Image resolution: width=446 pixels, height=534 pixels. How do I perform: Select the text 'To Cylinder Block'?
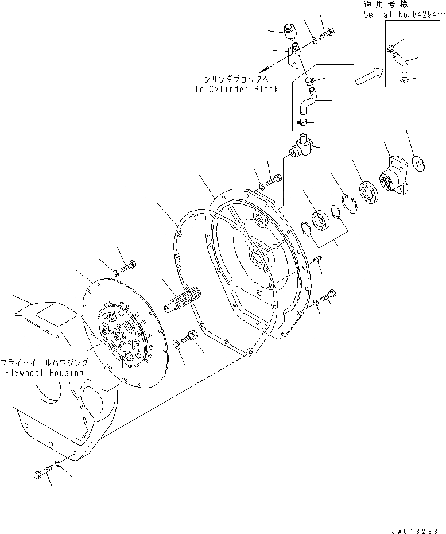point(236,89)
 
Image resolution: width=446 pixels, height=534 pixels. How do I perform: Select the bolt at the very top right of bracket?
point(327,34)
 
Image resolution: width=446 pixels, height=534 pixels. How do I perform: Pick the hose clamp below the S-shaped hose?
point(304,122)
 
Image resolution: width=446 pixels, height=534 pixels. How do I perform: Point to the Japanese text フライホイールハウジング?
point(44,363)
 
